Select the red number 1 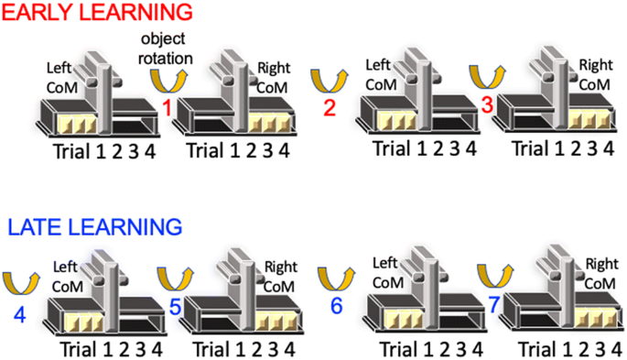click(168, 108)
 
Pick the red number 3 click(487, 105)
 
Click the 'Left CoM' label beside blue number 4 click(67, 277)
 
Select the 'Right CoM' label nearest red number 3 click(595, 73)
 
